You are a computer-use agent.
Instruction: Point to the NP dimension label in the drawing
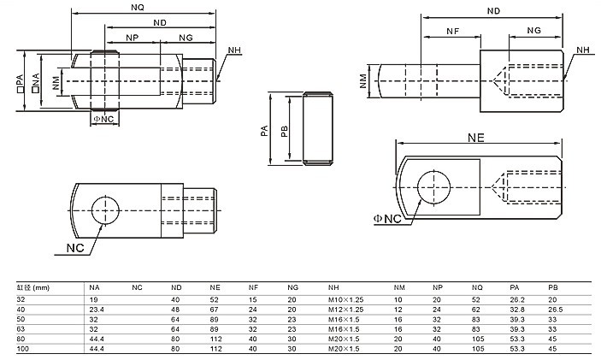click(x=132, y=39)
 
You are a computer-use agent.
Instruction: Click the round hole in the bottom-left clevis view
click(x=105, y=210)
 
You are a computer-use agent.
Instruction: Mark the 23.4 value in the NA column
click(x=97, y=309)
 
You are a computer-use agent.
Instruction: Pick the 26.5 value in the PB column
click(x=554, y=309)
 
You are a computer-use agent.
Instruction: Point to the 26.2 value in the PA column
click(x=516, y=299)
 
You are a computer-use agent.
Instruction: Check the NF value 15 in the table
click(x=252, y=299)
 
